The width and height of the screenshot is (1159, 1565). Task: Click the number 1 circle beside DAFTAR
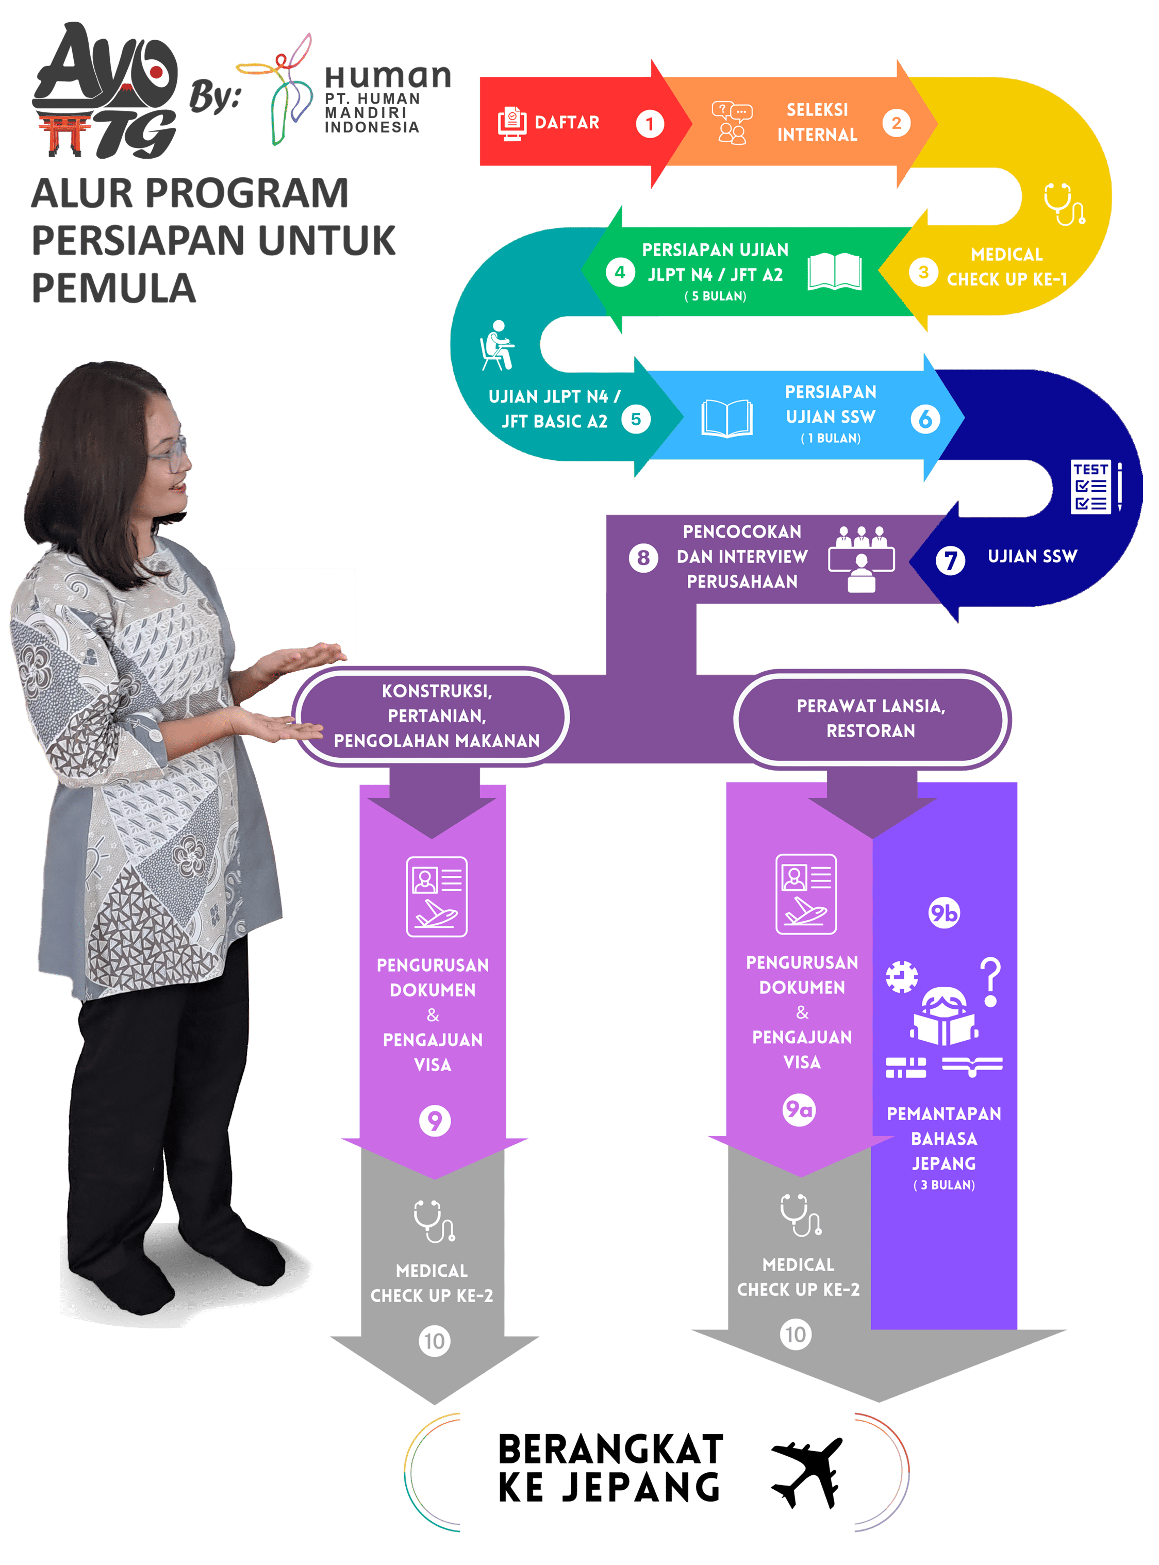(x=650, y=124)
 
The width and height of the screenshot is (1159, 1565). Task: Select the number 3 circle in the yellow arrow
(x=923, y=272)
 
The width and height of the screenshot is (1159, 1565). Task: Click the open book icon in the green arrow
(x=834, y=272)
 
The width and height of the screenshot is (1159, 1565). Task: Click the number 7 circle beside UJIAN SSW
(x=950, y=560)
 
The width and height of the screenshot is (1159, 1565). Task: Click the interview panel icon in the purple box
(x=861, y=559)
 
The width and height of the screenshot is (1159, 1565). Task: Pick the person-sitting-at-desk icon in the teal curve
(x=496, y=345)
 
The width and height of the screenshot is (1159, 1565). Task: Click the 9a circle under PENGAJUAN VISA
(x=799, y=1110)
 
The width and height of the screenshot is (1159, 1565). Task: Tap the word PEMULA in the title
(x=113, y=288)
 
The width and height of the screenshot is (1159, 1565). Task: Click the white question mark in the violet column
(x=990, y=982)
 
